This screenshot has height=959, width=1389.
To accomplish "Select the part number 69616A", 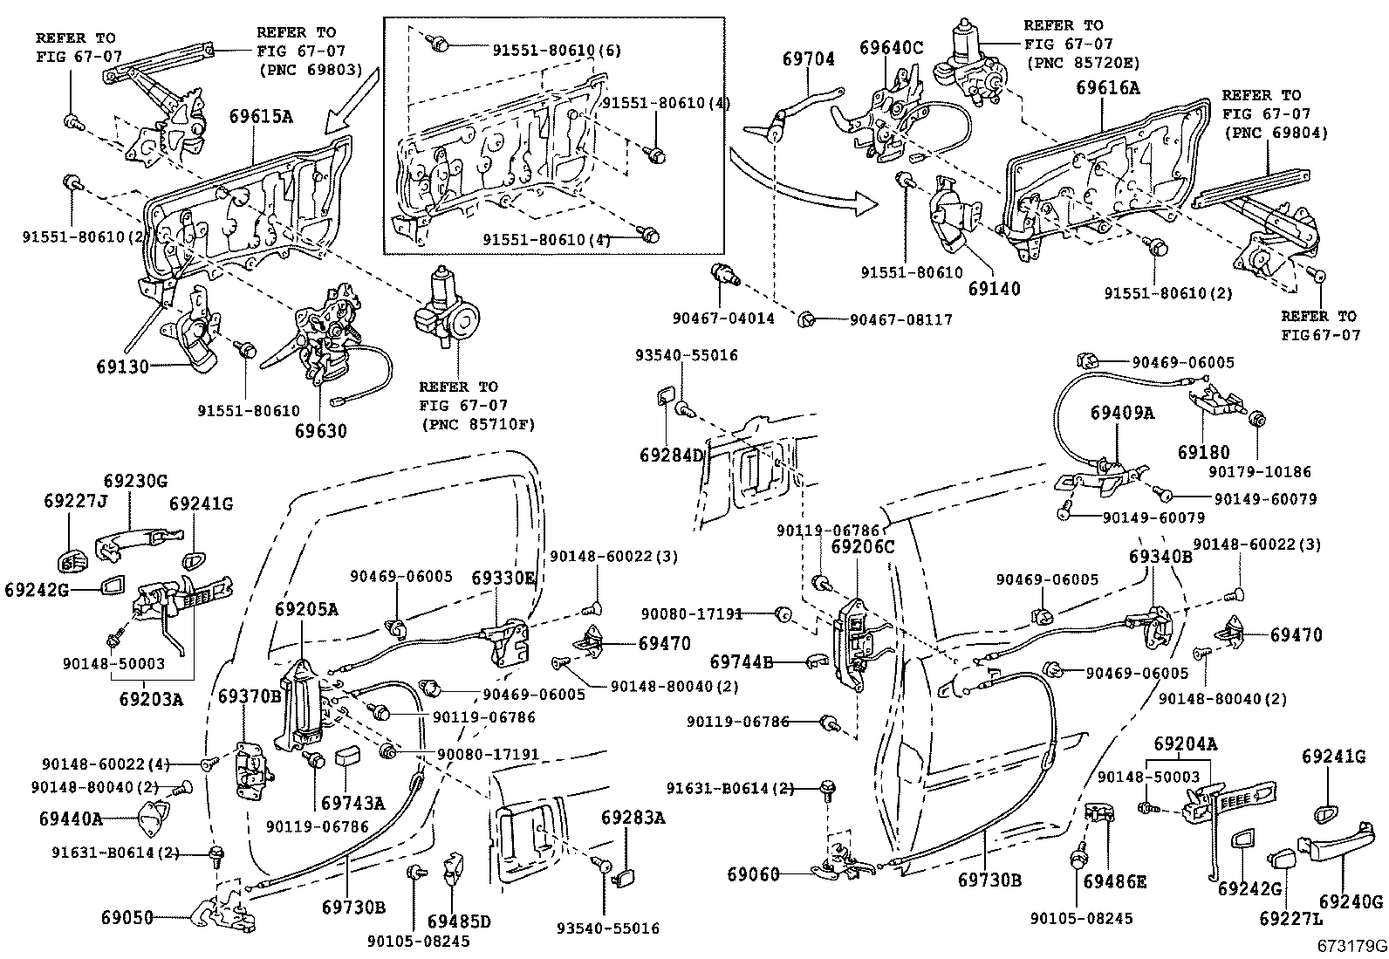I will tap(1107, 87).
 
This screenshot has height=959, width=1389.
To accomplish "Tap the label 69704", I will tap(808, 59).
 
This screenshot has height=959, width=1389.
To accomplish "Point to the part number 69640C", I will tap(890, 47).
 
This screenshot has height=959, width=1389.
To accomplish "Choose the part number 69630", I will tap(320, 430).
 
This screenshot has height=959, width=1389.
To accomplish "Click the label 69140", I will tap(994, 288).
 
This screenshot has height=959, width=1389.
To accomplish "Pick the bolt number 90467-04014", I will tap(723, 319).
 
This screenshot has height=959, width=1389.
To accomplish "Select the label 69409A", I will tap(1122, 412).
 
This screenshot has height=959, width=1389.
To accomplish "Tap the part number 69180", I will tap(1203, 452).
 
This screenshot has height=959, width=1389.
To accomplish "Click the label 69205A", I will tap(306, 608).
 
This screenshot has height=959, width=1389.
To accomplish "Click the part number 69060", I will tap(752, 874).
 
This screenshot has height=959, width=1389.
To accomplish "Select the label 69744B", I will tap(741, 662).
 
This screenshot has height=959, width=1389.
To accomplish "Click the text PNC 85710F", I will tap(476, 425).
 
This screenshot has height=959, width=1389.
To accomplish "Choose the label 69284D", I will tap(671, 455).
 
